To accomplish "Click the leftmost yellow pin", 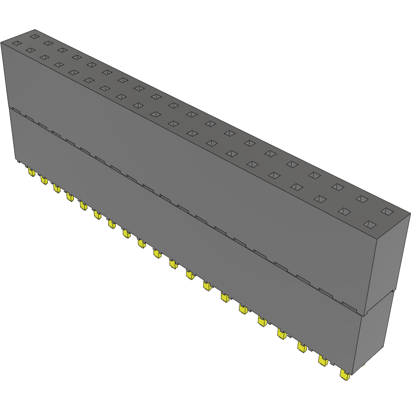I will [x=31, y=173].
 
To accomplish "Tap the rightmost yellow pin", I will [x=345, y=375].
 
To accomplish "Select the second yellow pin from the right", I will [x=323, y=360].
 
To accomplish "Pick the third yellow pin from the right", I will [x=302, y=347].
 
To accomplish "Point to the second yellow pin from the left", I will [x=44, y=181].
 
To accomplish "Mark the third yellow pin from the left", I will [x=56, y=188].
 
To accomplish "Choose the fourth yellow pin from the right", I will [x=281, y=333].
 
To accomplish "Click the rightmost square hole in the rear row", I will [x=388, y=212].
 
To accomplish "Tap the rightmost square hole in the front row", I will [x=369, y=224].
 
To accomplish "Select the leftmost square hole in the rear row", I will [x=35, y=36].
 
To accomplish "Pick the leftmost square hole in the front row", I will [x=16, y=43].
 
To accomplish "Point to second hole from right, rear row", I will [x=362, y=199].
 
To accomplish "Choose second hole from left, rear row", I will [x=48, y=43].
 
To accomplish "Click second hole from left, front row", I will [x=30, y=50].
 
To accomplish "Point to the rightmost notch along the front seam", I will [x=350, y=306].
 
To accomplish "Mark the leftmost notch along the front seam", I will [x=16, y=111].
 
